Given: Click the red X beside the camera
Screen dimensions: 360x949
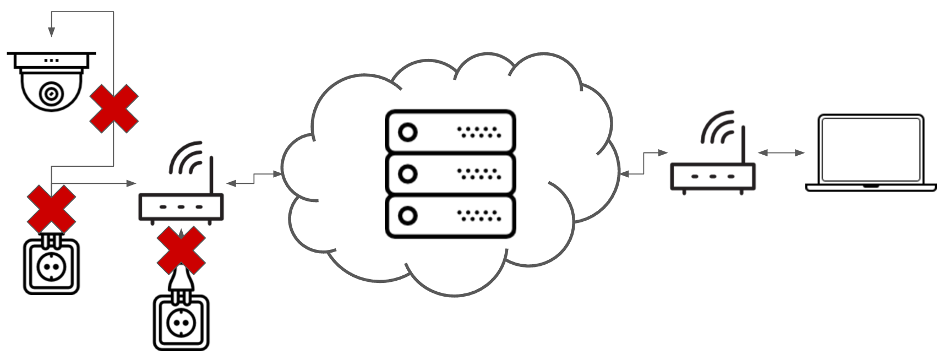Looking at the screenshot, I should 114,108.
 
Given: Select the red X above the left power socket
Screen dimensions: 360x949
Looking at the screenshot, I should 51,209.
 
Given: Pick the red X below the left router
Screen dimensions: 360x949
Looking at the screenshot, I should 181,250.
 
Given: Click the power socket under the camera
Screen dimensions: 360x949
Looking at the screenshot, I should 51,266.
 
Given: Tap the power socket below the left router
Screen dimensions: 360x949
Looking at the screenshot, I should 181,323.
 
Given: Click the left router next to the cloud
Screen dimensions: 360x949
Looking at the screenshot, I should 181,206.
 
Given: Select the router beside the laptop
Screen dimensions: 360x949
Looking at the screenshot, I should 713,176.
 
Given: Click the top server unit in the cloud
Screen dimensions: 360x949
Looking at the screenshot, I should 450,132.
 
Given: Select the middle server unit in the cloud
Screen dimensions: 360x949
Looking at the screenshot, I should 450,174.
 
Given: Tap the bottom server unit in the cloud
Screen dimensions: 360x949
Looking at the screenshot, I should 450,216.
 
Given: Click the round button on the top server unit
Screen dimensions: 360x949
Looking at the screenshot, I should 408,132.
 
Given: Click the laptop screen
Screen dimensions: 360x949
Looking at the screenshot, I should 870,149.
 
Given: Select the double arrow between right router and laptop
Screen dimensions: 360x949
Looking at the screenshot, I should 781,152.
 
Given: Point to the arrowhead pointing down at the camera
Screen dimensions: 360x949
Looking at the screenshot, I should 51,32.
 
